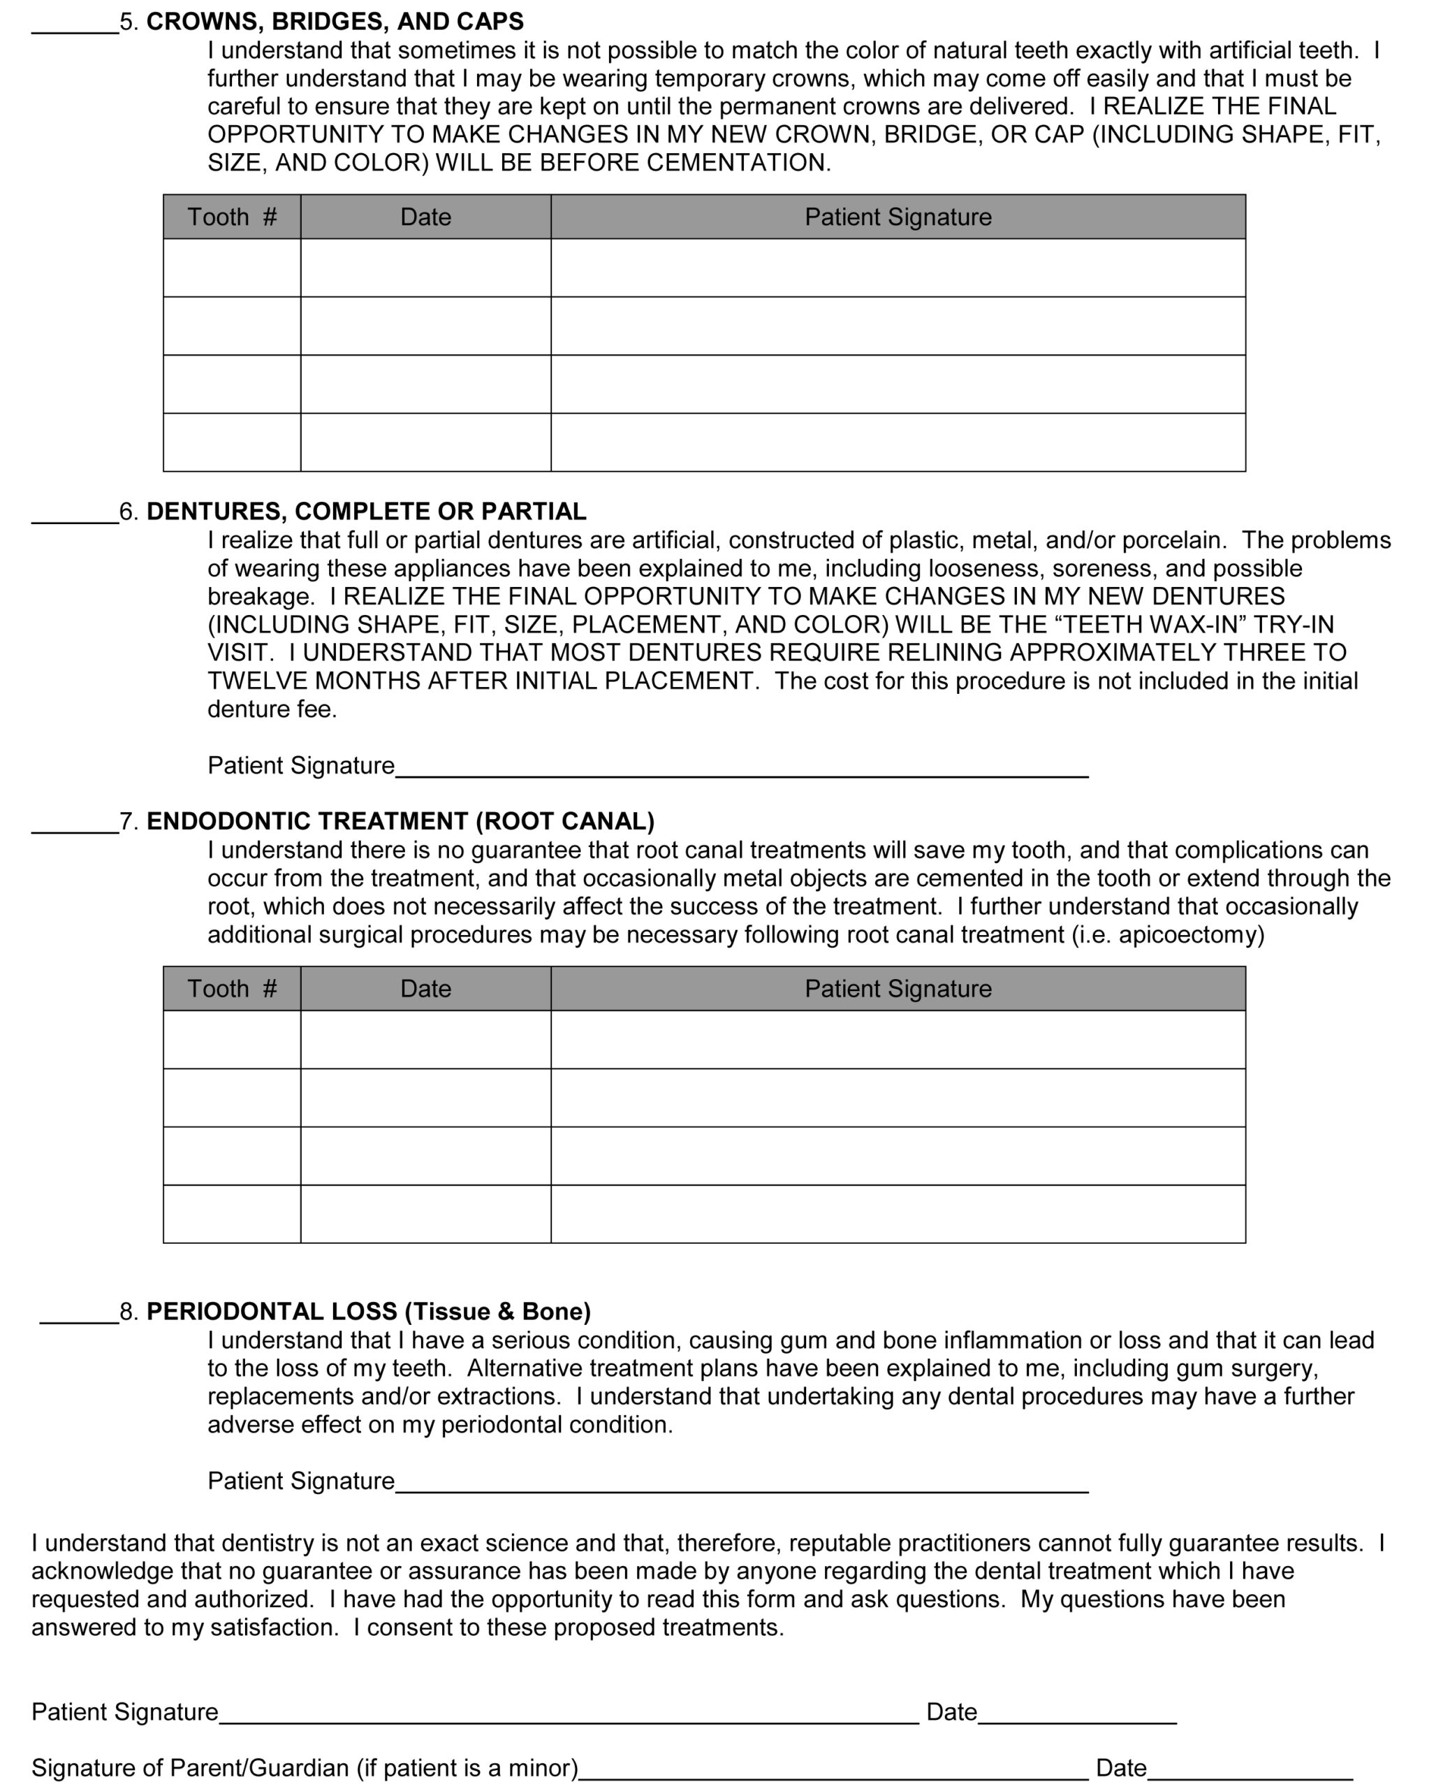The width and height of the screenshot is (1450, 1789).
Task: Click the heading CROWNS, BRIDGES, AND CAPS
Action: pos(335,22)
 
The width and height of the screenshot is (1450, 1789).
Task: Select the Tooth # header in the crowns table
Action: pos(231,217)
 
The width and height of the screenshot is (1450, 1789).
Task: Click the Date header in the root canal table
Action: pos(425,989)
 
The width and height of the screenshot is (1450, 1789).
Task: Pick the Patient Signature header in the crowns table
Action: pos(898,217)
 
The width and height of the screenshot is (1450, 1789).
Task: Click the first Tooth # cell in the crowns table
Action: pos(231,268)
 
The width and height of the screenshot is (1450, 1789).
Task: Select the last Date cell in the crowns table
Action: pos(425,442)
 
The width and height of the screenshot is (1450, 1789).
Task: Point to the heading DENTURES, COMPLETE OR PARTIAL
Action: pos(366,512)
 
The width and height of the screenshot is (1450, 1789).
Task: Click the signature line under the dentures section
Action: pos(741,769)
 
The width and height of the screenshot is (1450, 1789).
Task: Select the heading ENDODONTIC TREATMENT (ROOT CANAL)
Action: pos(400,821)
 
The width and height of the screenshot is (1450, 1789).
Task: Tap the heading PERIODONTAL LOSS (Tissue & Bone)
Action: pos(368,1311)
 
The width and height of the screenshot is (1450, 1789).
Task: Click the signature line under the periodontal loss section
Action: pos(741,1485)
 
